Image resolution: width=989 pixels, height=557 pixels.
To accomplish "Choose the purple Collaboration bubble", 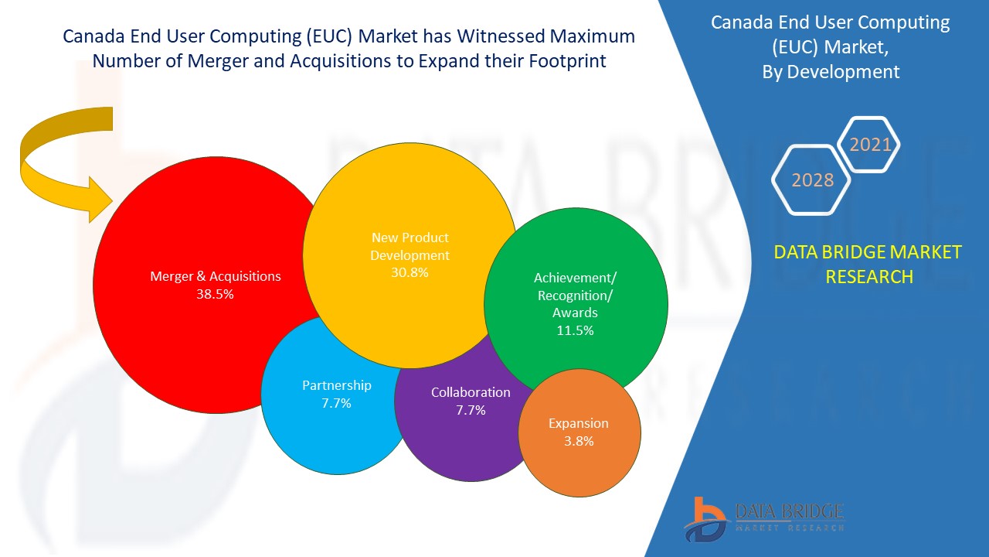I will coord(456,433).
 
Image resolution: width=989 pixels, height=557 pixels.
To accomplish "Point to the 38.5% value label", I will coord(215,294).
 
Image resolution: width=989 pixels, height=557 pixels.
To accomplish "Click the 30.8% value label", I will coord(410,272).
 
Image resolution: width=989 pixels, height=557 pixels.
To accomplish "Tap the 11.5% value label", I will coord(575,330).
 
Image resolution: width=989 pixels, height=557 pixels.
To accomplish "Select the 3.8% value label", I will coord(579,441).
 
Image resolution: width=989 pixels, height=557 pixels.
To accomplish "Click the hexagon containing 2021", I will coord(869,145).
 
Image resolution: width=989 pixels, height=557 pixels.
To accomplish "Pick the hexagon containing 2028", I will coord(812,180).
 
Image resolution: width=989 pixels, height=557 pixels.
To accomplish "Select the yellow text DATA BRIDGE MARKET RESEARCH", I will coord(868,264).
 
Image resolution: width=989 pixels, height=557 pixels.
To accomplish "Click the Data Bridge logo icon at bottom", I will coord(705,519).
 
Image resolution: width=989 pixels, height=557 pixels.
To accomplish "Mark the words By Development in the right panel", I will coord(837,72).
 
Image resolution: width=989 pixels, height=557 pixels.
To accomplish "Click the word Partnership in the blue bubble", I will coord(336,385).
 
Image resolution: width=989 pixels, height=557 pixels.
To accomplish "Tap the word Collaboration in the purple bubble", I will coord(471,392).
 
